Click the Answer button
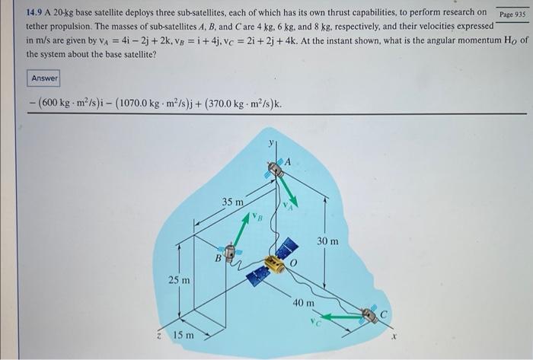tap(43, 78)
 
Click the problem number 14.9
tap(34, 13)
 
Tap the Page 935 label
tap(512, 14)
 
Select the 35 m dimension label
tap(233, 202)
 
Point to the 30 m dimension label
tap(327, 241)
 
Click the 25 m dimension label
tap(179, 281)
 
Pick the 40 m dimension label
tap(304, 303)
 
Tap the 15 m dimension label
tap(184, 335)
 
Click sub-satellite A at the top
tap(276, 168)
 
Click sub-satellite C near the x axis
tap(369, 315)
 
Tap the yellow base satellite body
tap(275, 264)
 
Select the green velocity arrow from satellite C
tap(342, 317)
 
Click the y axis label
tap(271, 144)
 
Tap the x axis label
tap(394, 336)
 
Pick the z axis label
tap(159, 336)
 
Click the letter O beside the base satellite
tap(294, 263)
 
